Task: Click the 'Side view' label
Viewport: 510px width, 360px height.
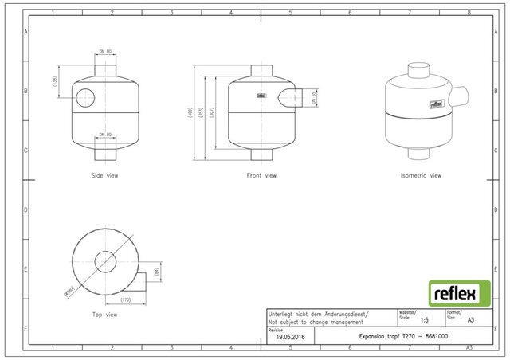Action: (105, 175)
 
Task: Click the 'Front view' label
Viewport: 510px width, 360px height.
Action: (261, 175)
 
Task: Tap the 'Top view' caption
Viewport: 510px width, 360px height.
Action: (104, 315)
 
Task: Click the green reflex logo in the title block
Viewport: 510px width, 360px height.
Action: (455, 292)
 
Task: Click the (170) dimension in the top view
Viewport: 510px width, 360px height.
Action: (125, 299)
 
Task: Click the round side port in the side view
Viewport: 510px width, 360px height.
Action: (85, 98)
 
